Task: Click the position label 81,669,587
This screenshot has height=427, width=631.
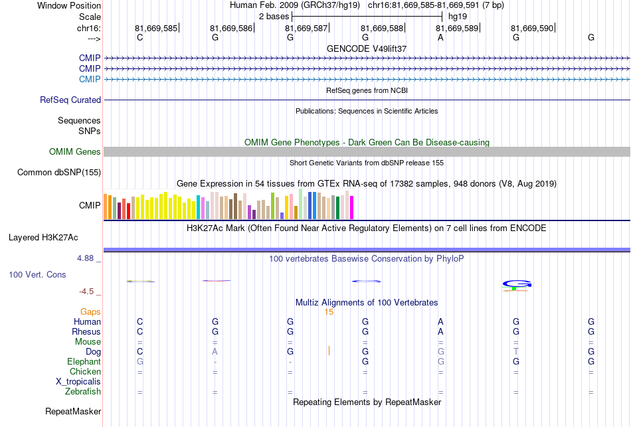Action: pyautogui.click(x=306, y=28)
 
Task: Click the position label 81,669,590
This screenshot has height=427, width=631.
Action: pyautogui.click(x=532, y=28)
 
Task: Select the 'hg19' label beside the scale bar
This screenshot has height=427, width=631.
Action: pyautogui.click(x=458, y=17)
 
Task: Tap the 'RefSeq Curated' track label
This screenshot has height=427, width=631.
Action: pyautogui.click(x=70, y=100)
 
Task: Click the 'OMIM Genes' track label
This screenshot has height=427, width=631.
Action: pyautogui.click(x=75, y=151)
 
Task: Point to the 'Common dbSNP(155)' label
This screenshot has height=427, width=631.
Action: pyautogui.click(x=59, y=172)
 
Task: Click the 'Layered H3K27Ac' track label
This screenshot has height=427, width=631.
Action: pyautogui.click(x=43, y=238)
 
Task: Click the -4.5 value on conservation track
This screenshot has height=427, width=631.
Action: pyautogui.click(x=86, y=292)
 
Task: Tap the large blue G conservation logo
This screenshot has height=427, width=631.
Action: pyautogui.click(x=517, y=284)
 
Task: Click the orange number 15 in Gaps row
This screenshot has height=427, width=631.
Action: pyautogui.click(x=329, y=312)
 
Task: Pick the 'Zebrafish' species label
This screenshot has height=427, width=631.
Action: pyautogui.click(x=83, y=391)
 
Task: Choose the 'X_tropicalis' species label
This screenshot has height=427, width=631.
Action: pyautogui.click(x=78, y=382)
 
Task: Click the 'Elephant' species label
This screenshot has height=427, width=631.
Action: pyautogui.click(x=84, y=361)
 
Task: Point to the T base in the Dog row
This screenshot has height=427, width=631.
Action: pyautogui.click(x=516, y=351)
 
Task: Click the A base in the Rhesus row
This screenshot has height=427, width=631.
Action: pyautogui.click(x=440, y=331)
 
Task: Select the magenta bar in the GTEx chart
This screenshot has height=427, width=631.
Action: pyautogui.click(x=352, y=208)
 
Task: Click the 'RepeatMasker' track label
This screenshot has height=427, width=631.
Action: pyautogui.click(x=73, y=411)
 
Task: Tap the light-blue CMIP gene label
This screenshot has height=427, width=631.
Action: pyautogui.click(x=90, y=79)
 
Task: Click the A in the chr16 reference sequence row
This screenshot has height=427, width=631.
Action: pyautogui.click(x=440, y=37)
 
